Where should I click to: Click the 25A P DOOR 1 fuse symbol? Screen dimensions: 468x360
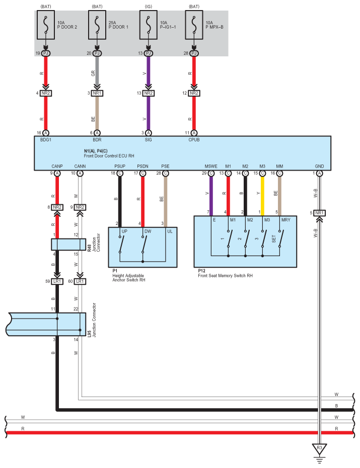[97, 28]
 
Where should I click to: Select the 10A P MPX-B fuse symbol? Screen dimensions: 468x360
[194, 28]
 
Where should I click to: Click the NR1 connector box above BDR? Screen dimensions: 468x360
[97, 93]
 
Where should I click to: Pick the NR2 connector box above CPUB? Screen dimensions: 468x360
[194, 93]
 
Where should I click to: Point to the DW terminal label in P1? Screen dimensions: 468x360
[148, 231]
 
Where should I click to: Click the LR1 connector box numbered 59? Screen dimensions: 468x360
[57, 281]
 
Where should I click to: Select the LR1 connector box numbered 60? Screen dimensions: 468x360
[80, 281]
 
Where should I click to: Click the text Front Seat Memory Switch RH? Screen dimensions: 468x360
[225, 276]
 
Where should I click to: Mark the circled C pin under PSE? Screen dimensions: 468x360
[166, 174]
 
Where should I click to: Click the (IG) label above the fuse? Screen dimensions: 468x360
[148, 6]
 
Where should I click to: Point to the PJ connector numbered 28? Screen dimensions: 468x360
[194, 53]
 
